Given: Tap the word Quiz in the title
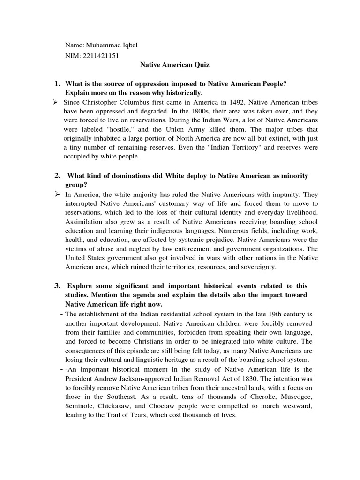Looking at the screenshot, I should pos(200,65).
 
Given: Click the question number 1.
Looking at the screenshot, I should pos(57,83).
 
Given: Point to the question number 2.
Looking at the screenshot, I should pos(57,175).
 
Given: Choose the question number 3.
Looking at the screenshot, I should pos(57,286).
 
